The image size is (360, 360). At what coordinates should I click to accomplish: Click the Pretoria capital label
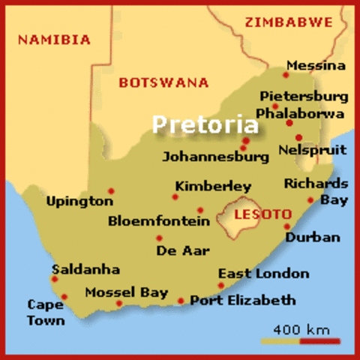click(x=205, y=124)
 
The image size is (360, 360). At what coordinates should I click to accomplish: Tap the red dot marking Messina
click(x=286, y=74)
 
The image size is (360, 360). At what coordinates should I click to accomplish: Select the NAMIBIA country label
click(x=54, y=40)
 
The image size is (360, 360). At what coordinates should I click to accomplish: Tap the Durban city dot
click(x=286, y=226)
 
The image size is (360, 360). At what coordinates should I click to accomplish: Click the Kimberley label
click(x=213, y=186)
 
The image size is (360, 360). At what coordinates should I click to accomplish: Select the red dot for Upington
click(x=111, y=190)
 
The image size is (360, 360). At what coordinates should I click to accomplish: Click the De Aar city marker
click(x=159, y=238)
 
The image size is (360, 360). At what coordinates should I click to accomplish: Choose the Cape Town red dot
click(x=64, y=297)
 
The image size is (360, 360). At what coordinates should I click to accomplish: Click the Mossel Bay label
click(x=126, y=292)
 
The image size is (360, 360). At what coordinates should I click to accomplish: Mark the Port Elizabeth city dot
click(x=181, y=301)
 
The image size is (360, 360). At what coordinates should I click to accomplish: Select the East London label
click(x=263, y=274)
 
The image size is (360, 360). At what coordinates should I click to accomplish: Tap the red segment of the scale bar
click(x=320, y=341)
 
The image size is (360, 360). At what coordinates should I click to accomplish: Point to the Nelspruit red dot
click(x=298, y=137)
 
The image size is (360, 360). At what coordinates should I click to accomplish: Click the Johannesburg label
click(x=216, y=157)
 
